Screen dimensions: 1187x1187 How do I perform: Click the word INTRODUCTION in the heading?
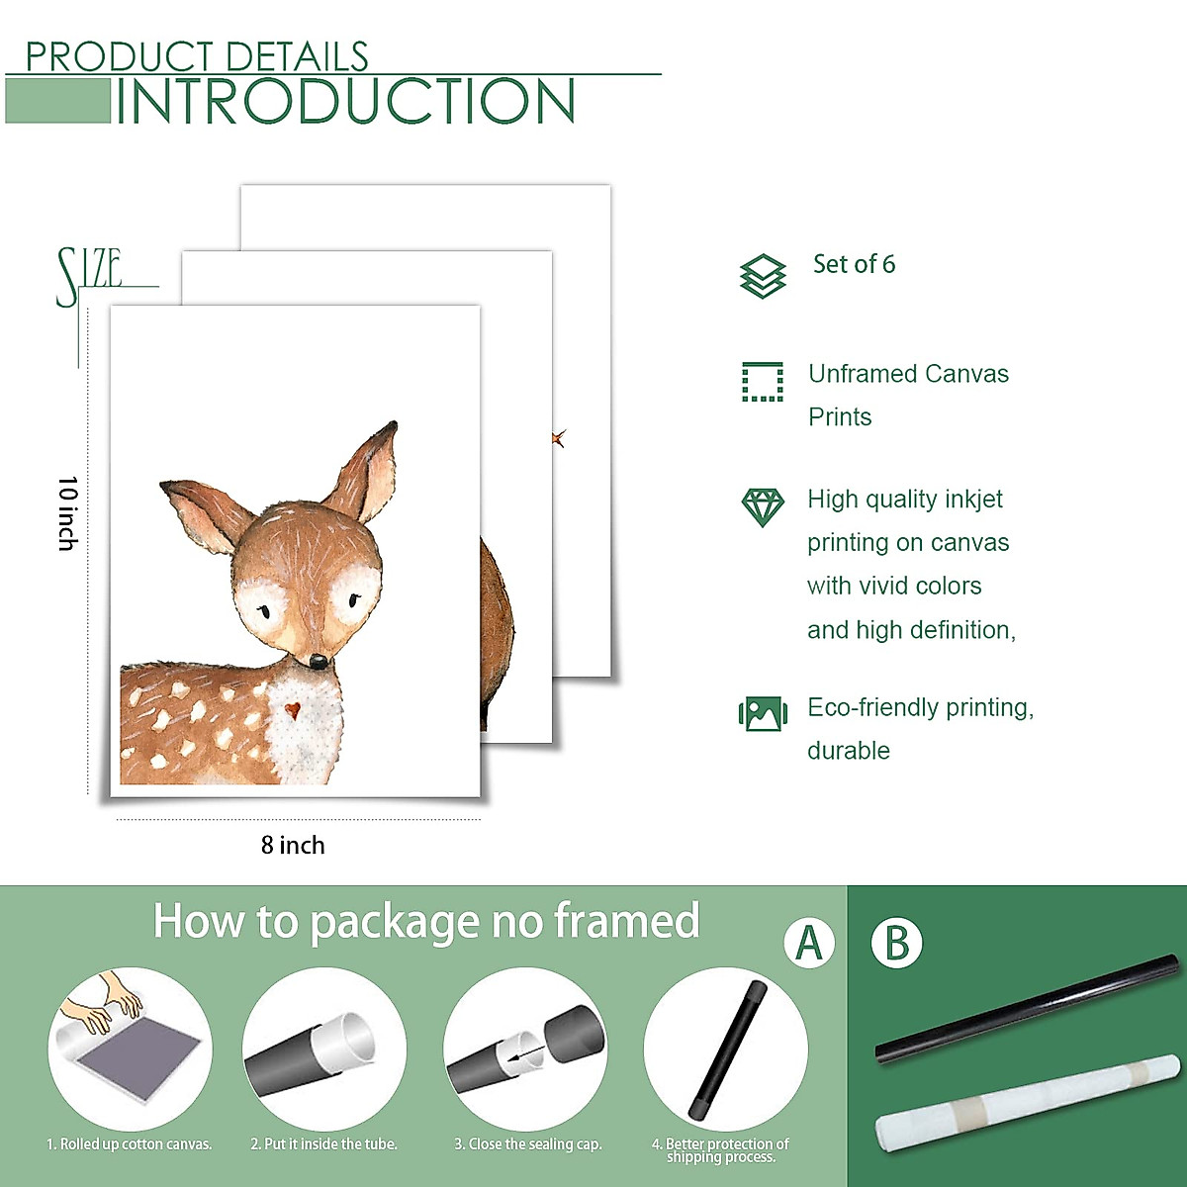345,102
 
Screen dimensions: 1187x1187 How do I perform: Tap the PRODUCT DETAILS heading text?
196,57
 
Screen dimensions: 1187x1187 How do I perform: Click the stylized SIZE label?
89,275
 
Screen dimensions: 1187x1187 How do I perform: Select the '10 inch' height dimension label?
67,512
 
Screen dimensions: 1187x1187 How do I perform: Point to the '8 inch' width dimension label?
293,845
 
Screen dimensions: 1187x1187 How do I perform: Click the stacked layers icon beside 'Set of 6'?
763,275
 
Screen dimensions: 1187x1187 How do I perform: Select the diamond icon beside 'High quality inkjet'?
763,506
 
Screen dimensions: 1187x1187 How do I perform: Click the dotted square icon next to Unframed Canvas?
763,382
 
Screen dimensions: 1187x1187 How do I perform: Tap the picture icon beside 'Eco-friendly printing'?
763,712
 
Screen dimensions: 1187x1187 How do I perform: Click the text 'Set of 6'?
854,264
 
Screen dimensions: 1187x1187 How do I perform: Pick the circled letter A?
809,943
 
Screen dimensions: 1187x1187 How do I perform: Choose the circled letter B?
896,943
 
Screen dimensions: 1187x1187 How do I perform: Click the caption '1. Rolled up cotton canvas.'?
130,1144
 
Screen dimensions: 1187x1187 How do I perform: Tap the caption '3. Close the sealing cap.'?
528,1144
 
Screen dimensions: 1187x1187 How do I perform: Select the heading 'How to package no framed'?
426,921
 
